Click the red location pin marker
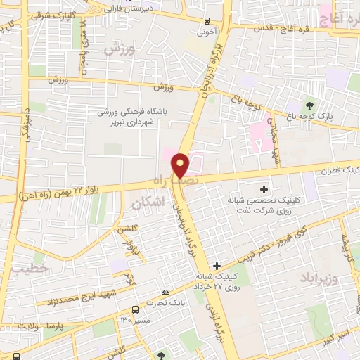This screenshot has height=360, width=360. tap(181, 165)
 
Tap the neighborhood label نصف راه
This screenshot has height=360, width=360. tap(168, 181)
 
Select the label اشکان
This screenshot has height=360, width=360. tap(147, 202)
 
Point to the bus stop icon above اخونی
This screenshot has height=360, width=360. tap(206, 21)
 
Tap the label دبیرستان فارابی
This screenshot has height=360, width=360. tap(130, 9)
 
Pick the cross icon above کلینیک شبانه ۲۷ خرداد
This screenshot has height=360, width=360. tap(217, 266)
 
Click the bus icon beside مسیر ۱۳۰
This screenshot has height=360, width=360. tap(135, 310)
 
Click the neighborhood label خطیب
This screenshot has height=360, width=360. tap(33, 268)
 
